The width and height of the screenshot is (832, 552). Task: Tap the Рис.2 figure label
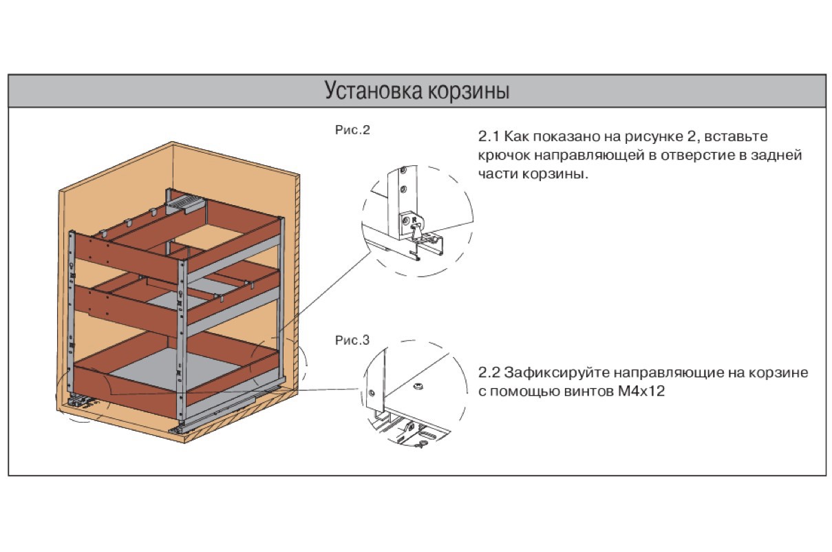click(x=352, y=129)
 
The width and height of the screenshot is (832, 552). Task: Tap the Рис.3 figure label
click(x=352, y=340)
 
